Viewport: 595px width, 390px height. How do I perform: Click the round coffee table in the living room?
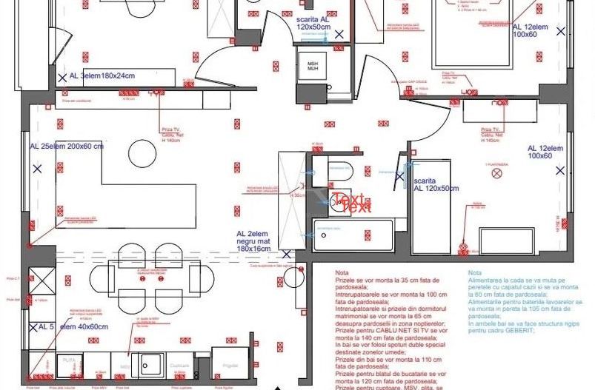click(141, 154)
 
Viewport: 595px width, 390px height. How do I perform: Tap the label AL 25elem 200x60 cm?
click(67, 147)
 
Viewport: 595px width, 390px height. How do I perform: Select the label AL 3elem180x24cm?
click(102, 76)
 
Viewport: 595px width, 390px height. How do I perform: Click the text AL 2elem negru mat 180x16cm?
click(248, 241)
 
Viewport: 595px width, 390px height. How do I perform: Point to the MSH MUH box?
click(313, 67)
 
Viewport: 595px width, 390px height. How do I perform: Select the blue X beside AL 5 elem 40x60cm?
click(33, 326)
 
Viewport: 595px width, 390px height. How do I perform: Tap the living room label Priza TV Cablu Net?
click(172, 133)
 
